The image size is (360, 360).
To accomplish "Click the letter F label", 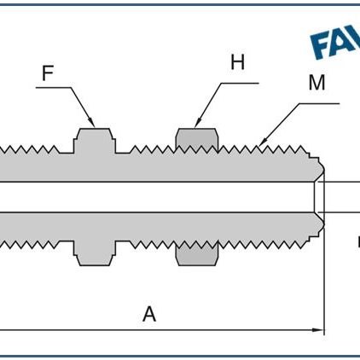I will pos(48,73).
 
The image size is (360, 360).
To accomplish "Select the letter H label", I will pos(236,61).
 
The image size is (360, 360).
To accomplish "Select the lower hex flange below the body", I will pos(94,251).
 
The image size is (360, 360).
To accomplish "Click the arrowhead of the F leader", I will pos(93,125).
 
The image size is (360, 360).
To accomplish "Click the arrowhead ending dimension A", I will pos(320,329).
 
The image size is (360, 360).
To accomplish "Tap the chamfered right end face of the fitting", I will pos(319,196).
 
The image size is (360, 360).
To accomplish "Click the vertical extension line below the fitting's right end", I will pos(325,282).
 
